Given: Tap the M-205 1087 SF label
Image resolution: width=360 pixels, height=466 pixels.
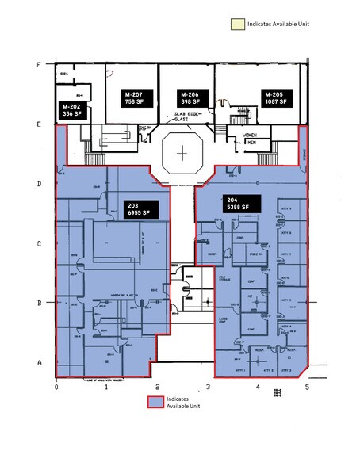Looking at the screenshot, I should pos(278,98).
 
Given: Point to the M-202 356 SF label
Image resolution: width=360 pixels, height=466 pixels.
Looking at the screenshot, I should pos(73,110).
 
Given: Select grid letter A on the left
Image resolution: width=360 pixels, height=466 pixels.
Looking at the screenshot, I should pos(39,361).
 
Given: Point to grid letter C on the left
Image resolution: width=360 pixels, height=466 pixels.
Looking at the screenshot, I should pos(39,243).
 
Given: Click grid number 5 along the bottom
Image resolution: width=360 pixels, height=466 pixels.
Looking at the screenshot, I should pos(307,387).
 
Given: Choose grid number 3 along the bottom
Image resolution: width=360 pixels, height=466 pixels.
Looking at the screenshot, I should pos(208,387).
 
